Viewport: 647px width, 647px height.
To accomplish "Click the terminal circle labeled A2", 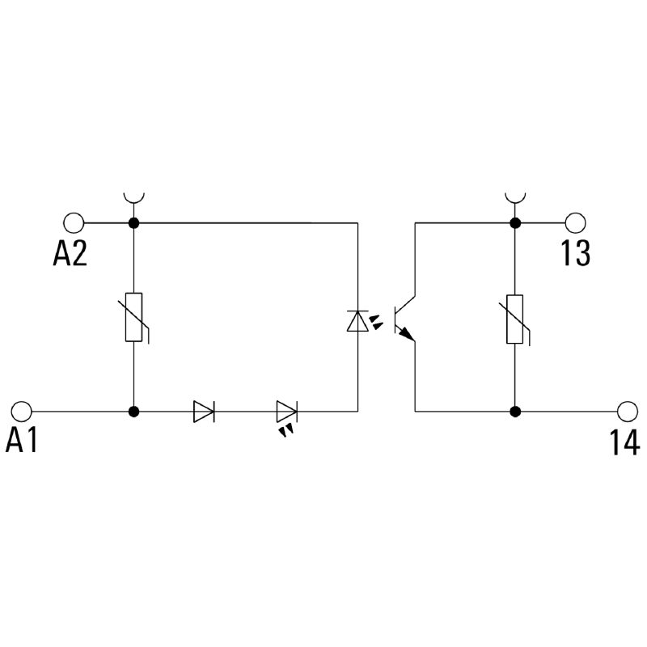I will (x=74, y=222).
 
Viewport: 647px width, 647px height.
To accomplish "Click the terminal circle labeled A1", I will (x=23, y=411).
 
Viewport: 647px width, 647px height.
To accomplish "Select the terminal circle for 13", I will (x=575, y=222).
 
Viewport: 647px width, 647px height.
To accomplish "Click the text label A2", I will (x=70, y=255).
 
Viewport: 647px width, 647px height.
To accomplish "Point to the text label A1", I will (x=22, y=442).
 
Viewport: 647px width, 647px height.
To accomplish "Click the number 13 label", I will (x=575, y=255).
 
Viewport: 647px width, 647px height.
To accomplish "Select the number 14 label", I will (x=624, y=442).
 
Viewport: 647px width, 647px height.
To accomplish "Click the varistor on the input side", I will (x=134, y=316).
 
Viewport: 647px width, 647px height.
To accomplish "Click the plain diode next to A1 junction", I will (x=203, y=411).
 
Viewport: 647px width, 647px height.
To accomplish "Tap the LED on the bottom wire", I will (x=286, y=412).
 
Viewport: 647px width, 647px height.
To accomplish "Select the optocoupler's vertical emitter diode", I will (x=357, y=321).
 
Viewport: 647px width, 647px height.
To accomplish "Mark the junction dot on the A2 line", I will (x=133, y=222).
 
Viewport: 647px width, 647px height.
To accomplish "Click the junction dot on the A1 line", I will (x=133, y=411).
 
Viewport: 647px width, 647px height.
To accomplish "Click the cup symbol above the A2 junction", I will (x=133, y=197).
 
